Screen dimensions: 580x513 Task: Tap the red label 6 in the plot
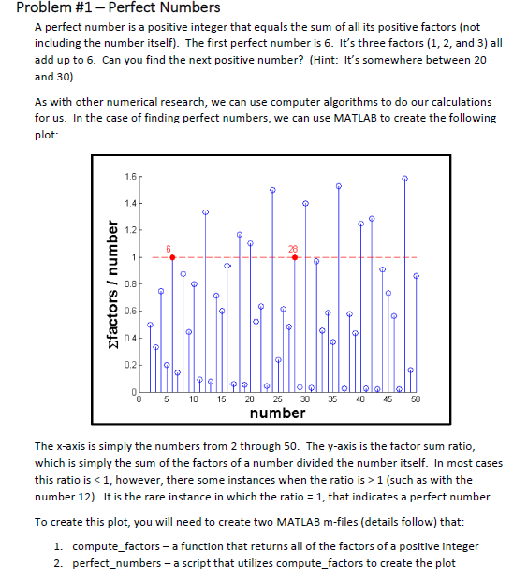tap(170, 248)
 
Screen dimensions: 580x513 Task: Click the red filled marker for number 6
tap(172, 257)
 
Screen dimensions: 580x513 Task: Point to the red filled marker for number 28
tap(295, 257)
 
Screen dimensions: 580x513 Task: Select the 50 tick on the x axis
tap(417, 399)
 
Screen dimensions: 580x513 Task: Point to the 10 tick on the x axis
tap(194, 399)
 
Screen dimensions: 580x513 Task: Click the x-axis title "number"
tap(277, 413)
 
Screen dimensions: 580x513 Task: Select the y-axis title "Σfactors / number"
tap(104, 285)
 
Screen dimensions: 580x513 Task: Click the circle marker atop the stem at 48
tap(404, 178)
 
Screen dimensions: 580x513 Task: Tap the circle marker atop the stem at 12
tap(206, 212)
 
